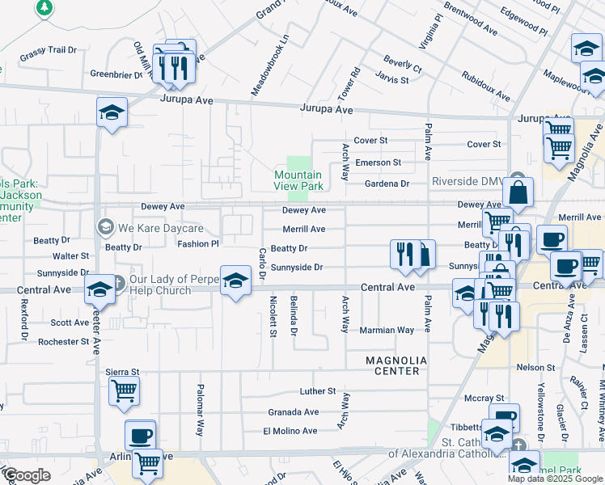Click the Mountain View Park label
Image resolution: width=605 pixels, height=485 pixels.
298,180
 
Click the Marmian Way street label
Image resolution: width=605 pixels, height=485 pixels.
387,330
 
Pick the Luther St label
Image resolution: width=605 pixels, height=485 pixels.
317,391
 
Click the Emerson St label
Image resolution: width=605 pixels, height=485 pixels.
378,162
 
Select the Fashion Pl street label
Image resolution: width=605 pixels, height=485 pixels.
198,243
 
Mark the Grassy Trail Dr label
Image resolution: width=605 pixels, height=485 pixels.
48,50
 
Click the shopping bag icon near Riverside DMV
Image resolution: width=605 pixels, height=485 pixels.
518,193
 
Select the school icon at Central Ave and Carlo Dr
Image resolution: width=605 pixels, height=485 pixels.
235,280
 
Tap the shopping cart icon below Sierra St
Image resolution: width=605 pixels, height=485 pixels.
124,391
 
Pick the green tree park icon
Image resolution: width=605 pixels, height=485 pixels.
44,7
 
